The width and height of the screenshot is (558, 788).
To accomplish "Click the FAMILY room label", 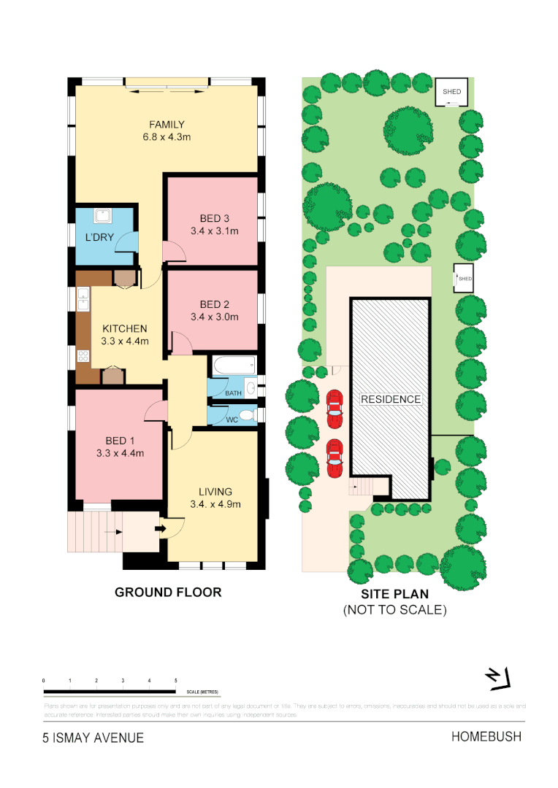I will (167, 124).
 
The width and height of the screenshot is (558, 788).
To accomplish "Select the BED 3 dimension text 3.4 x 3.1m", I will (214, 231).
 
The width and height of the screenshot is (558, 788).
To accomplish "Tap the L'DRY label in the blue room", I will (98, 238).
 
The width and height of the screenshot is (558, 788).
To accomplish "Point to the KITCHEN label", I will (124, 328).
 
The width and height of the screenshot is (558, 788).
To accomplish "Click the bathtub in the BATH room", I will (233, 364).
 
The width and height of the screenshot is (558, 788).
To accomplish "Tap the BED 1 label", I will (121, 441).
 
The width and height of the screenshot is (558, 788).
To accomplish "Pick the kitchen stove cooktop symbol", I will (83, 356).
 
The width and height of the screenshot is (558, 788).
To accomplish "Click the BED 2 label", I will (214, 304).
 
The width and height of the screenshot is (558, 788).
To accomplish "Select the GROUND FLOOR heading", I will (168, 592).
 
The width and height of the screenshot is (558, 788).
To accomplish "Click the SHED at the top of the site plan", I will (452, 92).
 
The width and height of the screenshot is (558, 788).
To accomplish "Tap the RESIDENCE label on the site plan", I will (390, 399).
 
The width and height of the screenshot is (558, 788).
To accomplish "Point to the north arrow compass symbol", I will (499, 678).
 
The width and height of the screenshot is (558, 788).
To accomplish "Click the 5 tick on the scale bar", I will (176, 680).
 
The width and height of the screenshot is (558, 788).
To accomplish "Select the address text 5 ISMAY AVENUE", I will (93, 738).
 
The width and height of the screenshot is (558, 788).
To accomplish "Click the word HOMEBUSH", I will (486, 737).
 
